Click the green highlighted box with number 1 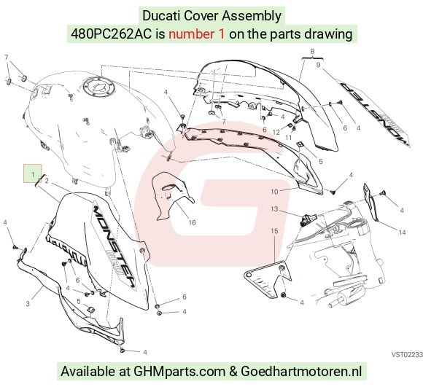click(x=32, y=173)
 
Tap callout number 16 click(x=192, y=222)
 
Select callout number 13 click(x=274, y=209)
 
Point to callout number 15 click(x=274, y=231)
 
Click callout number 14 click(x=402, y=232)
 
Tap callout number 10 click(x=274, y=192)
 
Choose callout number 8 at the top click(x=312, y=51)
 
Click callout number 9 click(x=318, y=65)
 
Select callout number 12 click(x=276, y=133)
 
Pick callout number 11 click(x=289, y=138)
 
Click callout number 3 click(x=28, y=304)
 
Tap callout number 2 click(x=47, y=181)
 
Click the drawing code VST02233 click(x=407, y=354)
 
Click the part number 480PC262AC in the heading click(x=111, y=34)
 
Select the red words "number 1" click(x=196, y=34)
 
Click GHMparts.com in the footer click(x=179, y=372)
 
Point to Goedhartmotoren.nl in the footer click(x=301, y=372)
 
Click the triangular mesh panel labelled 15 click(x=267, y=279)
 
